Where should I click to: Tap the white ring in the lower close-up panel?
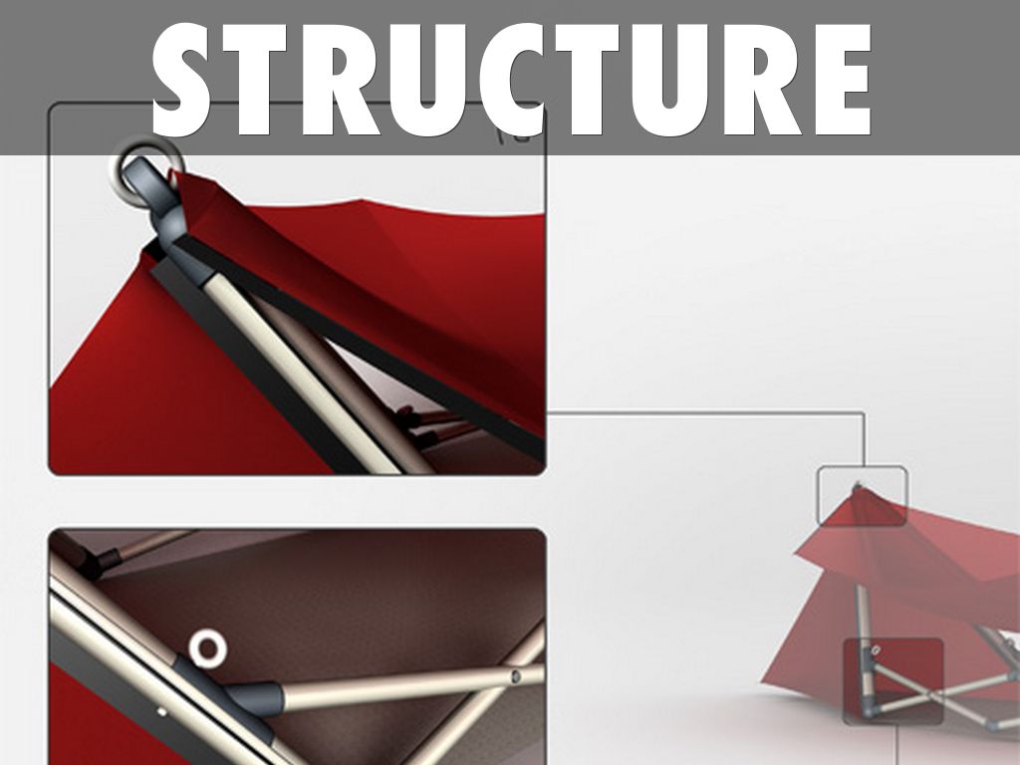[207, 648]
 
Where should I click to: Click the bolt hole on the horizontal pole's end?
[516, 676]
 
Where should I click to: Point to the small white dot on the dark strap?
[161, 711]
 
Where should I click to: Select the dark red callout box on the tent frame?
[893, 681]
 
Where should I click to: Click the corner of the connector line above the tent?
[864, 412]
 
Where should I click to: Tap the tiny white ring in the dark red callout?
[876, 649]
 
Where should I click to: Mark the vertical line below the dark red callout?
[897, 745]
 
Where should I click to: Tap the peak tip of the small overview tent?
[857, 485]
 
